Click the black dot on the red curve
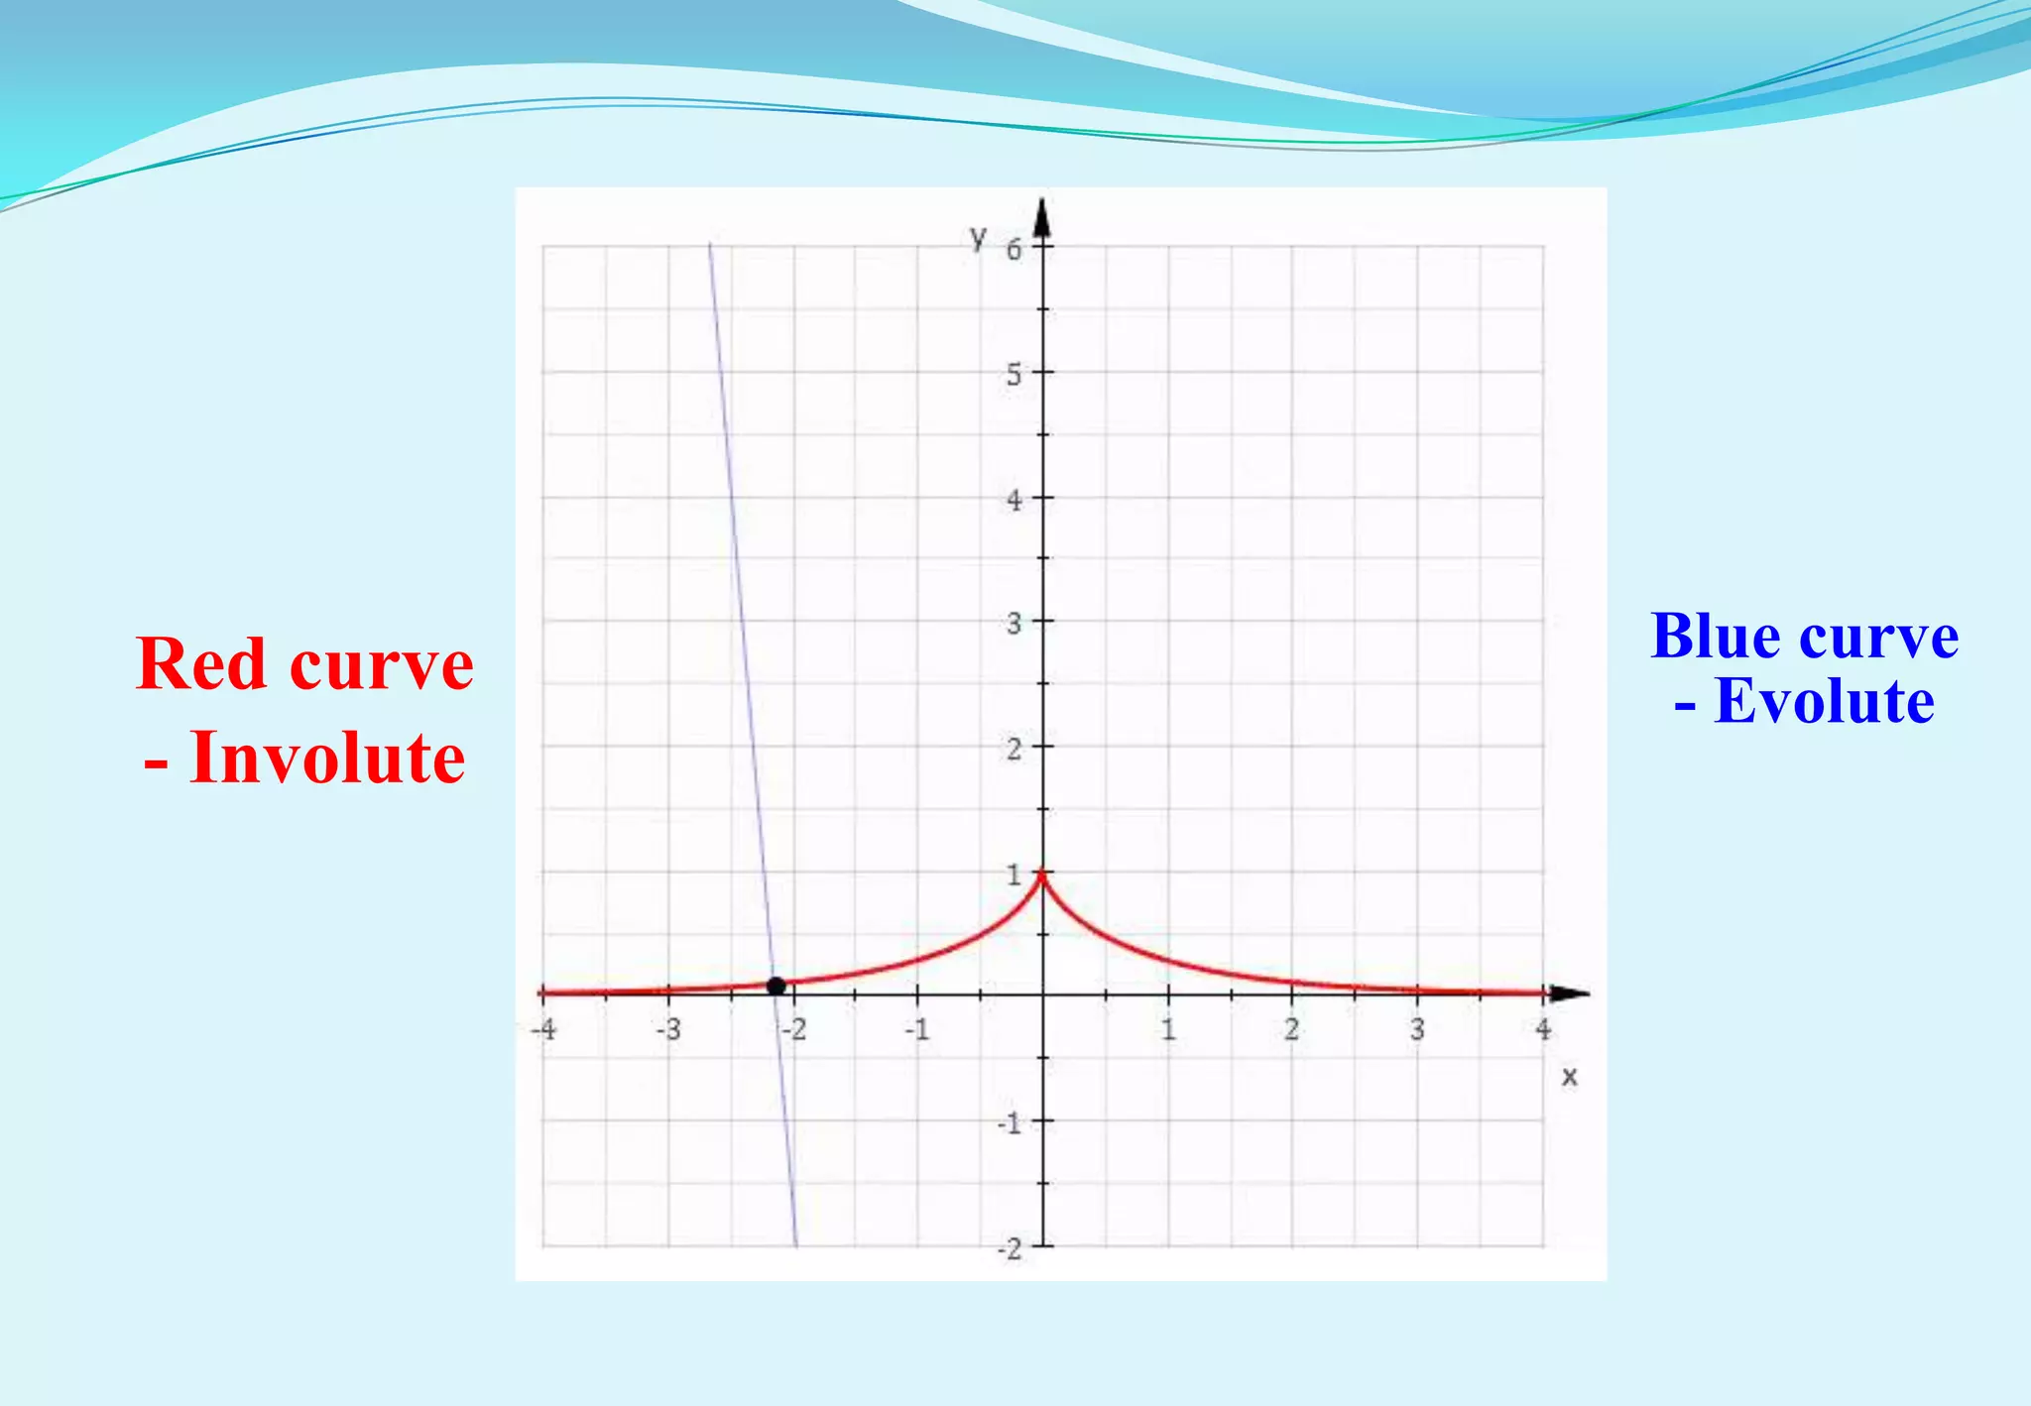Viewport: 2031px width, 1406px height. (777, 986)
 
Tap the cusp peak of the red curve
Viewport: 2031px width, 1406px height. (1042, 873)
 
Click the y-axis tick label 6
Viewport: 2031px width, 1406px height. (1014, 250)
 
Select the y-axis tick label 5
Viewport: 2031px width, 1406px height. (1014, 375)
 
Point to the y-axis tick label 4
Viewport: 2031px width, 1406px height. (1014, 500)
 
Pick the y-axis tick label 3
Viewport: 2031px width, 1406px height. (1014, 624)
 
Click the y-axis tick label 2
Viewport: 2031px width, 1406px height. (1014, 749)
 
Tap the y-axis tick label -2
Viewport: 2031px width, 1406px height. (1010, 1248)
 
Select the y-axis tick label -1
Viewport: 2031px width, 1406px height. (1010, 1123)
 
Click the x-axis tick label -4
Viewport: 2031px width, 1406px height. (543, 1029)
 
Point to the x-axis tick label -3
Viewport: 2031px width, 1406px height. (669, 1029)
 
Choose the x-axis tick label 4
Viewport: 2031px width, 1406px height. (1543, 1029)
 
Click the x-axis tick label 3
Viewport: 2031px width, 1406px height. (1417, 1029)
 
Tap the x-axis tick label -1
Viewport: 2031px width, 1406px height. (917, 1029)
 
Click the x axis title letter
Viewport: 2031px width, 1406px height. (1569, 1076)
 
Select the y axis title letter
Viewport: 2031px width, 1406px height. (979, 237)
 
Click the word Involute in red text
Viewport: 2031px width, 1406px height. (326, 758)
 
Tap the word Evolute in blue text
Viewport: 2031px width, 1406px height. (1824, 701)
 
